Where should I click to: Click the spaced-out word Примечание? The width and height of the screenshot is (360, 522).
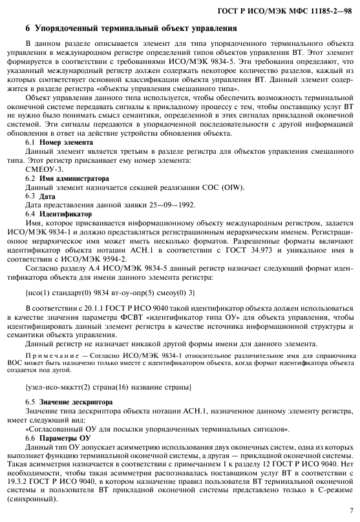(53, 357)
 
